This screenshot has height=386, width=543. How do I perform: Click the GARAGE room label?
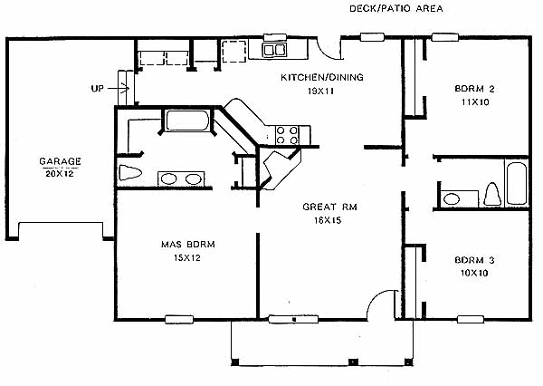pos(61,161)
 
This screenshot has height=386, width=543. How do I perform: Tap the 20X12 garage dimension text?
pos(60,173)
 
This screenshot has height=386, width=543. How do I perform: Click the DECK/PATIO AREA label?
pos(396,8)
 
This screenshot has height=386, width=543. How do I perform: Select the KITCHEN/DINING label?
pos(322,77)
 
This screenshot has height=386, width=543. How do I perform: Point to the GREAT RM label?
pos(329,207)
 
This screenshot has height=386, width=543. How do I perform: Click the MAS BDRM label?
pos(188,244)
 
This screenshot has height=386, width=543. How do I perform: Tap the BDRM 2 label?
pos(474,89)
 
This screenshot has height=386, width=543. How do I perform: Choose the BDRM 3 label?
pos(474,260)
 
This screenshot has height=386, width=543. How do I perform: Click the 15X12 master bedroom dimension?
pos(187,257)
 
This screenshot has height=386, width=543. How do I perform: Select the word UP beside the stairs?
pos(98,89)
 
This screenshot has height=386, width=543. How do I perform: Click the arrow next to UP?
pos(119,89)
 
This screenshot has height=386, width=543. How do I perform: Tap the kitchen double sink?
pos(274,50)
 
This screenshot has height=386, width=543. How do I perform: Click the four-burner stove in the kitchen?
pos(287,135)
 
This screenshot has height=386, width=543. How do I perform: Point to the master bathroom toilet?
pos(130,172)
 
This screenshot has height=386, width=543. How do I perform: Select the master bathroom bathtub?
pos(187,121)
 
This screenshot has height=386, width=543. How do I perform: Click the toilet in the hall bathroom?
pos(492,195)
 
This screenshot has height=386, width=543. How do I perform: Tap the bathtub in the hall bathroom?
pos(517,183)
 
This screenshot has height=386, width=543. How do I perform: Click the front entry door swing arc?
pos(379,299)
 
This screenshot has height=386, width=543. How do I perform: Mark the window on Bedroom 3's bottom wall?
pos(471,319)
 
